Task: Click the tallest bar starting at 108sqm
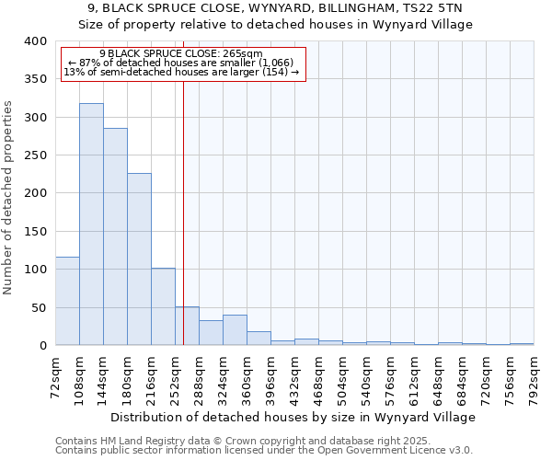(x=91, y=224)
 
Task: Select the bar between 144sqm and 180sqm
(x=115, y=236)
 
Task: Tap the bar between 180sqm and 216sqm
(x=139, y=259)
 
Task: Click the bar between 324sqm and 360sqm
(x=235, y=330)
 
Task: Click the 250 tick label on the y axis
(x=35, y=155)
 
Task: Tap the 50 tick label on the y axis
(x=39, y=307)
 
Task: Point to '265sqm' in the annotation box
(x=244, y=53)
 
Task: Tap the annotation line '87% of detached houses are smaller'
(x=181, y=63)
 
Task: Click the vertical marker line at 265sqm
(x=183, y=212)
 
